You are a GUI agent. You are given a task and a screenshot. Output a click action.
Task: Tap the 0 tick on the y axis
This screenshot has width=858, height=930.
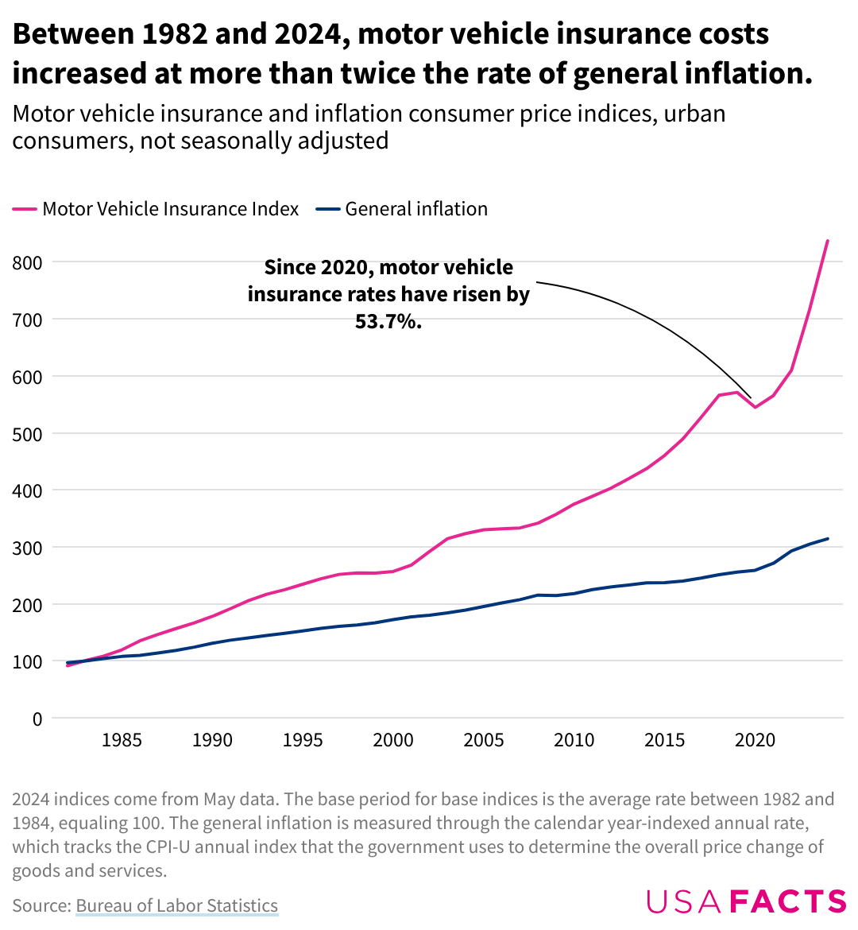coord(37,719)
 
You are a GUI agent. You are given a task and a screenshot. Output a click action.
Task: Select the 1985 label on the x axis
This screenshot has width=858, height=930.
coord(122,741)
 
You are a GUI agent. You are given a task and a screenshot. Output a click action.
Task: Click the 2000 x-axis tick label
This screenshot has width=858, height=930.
coord(393,741)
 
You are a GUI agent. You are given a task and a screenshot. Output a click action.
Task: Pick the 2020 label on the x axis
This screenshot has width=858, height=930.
coord(755,741)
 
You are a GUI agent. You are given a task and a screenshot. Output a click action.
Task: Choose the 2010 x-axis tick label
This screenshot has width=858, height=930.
coord(574,741)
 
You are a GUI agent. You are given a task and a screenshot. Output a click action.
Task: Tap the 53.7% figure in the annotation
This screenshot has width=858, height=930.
coord(388,322)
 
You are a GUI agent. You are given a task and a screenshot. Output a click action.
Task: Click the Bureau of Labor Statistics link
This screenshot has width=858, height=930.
coord(177,905)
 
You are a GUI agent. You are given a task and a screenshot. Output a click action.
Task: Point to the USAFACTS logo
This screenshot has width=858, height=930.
coord(746,901)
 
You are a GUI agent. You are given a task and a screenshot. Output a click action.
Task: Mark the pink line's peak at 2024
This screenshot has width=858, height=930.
coord(828,240)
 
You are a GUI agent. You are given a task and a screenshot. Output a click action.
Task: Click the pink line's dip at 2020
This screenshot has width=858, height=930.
coord(755,407)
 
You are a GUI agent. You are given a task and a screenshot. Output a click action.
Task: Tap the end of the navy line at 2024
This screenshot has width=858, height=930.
coord(828,539)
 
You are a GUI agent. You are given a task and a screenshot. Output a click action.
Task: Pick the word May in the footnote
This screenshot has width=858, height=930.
coord(218,799)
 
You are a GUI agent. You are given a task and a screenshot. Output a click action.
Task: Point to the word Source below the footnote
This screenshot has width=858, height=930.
coord(39,905)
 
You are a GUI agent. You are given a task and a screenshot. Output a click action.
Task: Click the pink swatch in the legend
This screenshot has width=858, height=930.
coord(25,210)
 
